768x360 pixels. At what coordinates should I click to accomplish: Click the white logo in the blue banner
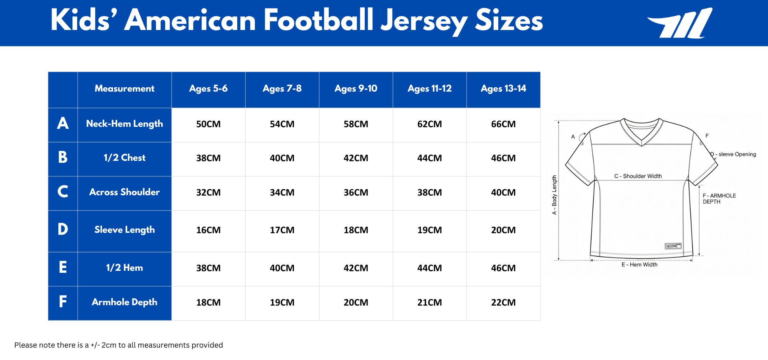tap(680, 23)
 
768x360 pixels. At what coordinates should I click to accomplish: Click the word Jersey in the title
tap(424, 21)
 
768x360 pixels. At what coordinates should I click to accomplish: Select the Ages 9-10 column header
tap(356, 89)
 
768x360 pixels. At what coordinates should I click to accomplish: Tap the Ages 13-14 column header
tap(503, 89)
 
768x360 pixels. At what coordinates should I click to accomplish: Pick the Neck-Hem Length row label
tap(124, 124)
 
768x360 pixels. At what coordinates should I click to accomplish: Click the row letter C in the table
tap(63, 192)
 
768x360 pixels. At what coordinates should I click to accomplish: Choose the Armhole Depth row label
tap(124, 302)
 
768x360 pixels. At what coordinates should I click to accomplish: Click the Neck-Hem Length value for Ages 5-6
tap(208, 124)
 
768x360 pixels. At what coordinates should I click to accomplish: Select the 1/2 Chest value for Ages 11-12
tap(429, 158)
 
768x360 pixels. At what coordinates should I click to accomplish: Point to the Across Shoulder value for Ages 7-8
tap(282, 193)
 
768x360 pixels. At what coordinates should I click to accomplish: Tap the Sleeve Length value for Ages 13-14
tap(503, 230)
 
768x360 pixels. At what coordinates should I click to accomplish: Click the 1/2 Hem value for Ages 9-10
tap(356, 268)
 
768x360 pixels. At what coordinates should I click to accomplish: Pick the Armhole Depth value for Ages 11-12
tap(429, 303)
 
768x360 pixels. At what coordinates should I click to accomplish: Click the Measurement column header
tap(124, 89)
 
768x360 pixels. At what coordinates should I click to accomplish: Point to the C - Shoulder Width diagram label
tap(638, 176)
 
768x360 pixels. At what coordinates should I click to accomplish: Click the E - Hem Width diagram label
tap(639, 264)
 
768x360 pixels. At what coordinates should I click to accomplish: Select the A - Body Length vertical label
tap(554, 195)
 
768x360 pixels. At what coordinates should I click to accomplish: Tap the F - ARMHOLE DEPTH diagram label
tap(719, 198)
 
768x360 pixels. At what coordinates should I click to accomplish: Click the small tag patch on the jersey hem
tap(673, 246)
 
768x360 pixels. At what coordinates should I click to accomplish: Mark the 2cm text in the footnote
tap(109, 345)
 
